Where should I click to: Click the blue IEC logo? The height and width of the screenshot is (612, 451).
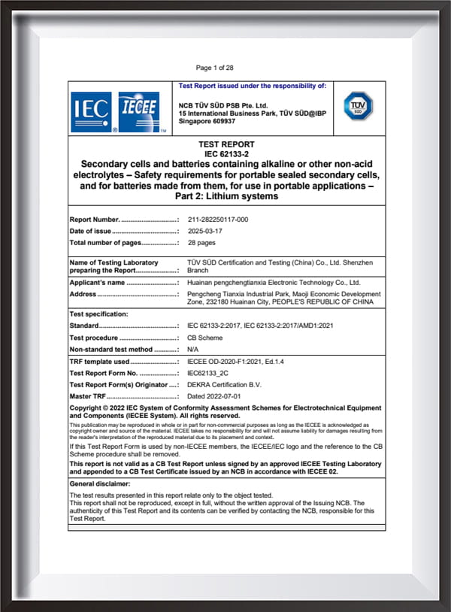point(91,112)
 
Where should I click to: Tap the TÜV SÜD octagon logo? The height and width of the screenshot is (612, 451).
point(357,105)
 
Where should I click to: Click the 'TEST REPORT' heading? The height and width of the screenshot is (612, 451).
point(226,144)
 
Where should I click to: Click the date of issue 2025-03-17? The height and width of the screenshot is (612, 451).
point(206,231)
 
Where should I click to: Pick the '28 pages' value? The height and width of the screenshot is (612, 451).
point(201,243)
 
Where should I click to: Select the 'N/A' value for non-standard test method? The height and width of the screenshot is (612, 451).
point(193,350)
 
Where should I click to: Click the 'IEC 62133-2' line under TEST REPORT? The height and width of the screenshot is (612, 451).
point(226,153)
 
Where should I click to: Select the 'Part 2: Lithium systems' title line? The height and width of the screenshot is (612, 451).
point(226,196)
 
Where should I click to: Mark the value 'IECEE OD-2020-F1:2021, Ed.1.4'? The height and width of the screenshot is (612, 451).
point(236,362)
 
